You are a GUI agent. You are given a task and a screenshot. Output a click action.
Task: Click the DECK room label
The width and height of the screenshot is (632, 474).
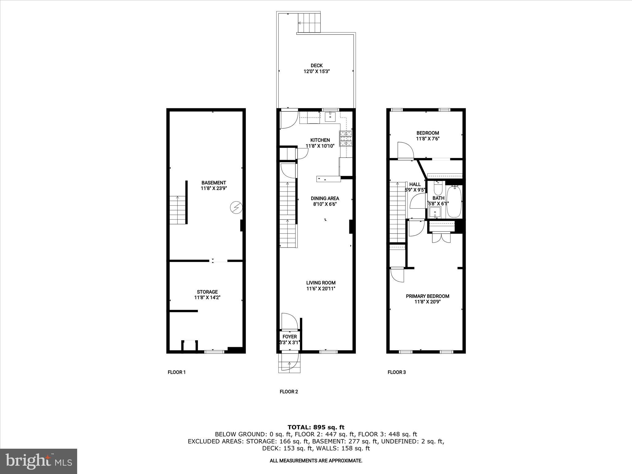click(x=317, y=65)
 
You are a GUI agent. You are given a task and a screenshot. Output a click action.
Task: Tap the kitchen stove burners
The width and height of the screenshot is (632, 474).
click(x=346, y=138)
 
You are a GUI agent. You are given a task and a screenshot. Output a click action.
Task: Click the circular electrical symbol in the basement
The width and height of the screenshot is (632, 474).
click(x=236, y=208)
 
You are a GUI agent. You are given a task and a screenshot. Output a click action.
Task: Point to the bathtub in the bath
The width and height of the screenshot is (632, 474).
click(x=454, y=202)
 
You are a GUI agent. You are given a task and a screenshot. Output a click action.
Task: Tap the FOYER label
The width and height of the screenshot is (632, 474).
click(x=289, y=337)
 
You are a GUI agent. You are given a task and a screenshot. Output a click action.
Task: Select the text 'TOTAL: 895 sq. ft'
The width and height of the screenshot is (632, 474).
click(x=316, y=427)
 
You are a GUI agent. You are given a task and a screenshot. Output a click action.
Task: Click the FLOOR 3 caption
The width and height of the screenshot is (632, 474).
click(x=397, y=372)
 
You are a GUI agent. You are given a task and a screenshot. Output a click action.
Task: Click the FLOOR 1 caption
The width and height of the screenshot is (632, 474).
click(x=177, y=372)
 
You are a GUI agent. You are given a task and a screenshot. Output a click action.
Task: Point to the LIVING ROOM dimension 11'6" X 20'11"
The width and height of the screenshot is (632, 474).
click(x=321, y=289)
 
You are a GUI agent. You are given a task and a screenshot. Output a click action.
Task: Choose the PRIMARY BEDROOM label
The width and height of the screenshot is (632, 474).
click(x=427, y=296)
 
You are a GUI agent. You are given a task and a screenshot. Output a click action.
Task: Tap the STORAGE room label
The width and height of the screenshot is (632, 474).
click(x=207, y=292)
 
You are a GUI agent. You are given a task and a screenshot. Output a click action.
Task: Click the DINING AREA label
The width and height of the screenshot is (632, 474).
click(x=325, y=198)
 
